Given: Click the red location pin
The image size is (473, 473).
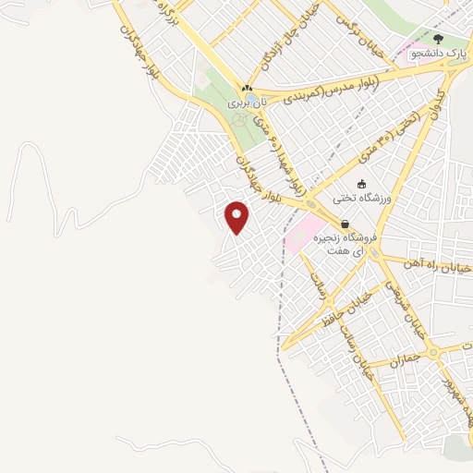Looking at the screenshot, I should (x=237, y=217).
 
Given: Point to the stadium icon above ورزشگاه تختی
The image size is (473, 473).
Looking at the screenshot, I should (x=361, y=183).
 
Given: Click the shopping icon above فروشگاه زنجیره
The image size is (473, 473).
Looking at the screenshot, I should (x=345, y=223).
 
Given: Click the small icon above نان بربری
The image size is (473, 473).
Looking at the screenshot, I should (x=247, y=89).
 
